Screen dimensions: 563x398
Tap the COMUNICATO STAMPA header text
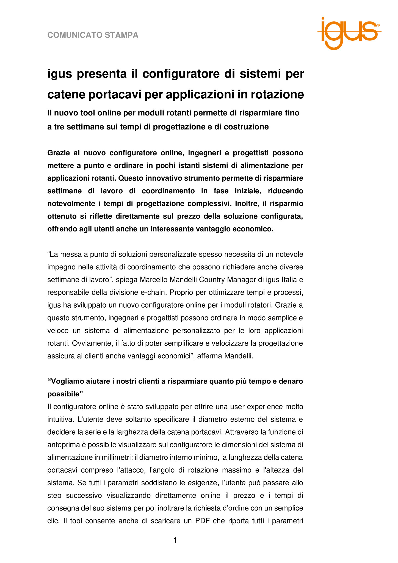point(93,35)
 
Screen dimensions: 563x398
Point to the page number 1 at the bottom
point(175,540)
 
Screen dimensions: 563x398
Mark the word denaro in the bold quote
point(291,382)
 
